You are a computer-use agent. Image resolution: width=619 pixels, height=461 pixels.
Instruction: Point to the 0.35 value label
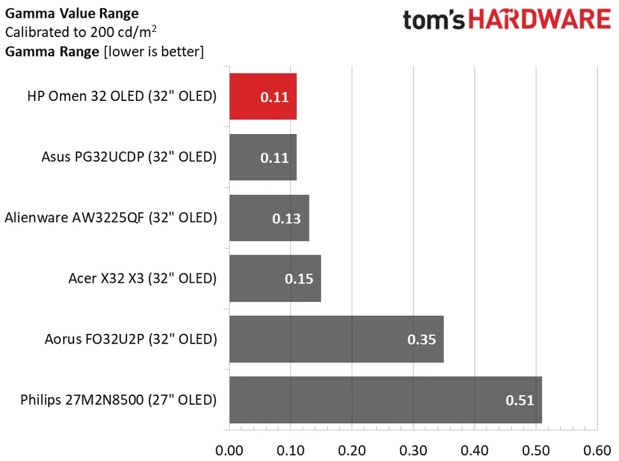click(421, 340)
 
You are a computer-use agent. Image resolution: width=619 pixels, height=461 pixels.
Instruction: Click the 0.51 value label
click(519, 400)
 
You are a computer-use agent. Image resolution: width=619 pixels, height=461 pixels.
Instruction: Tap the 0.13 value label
click(287, 218)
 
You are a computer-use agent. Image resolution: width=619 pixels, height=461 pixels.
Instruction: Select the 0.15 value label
click(299, 279)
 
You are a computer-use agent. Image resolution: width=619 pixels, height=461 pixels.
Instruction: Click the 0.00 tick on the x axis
click(229, 450)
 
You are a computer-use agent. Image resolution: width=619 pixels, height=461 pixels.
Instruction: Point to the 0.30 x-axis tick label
click(413, 450)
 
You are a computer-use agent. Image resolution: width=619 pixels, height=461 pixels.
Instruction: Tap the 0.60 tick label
click(597, 450)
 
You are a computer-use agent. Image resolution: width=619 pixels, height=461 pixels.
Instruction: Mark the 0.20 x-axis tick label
click(352, 450)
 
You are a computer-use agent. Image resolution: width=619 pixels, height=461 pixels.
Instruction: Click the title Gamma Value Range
click(71, 13)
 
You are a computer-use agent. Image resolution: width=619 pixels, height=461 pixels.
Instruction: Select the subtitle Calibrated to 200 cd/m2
click(81, 32)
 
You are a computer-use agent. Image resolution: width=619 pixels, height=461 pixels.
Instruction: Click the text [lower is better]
click(153, 52)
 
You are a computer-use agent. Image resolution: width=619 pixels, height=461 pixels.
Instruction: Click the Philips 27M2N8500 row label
click(119, 400)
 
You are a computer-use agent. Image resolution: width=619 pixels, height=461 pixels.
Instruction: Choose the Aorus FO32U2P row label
click(131, 339)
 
